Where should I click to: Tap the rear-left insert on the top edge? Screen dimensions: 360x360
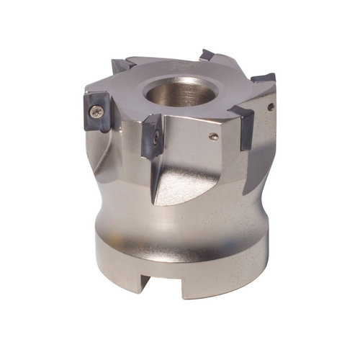(x=122, y=66)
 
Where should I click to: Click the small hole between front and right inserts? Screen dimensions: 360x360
(x=213, y=136)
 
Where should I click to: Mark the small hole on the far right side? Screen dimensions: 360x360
(x=270, y=107)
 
